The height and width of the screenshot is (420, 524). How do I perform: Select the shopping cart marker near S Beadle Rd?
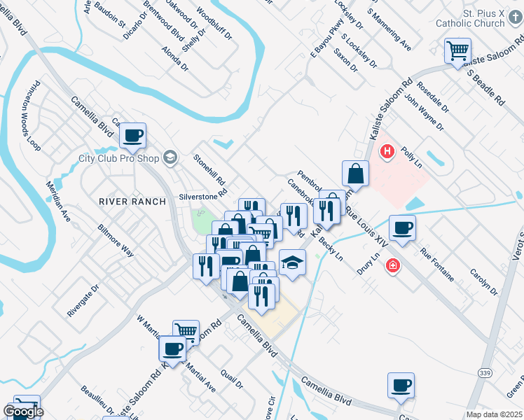457,50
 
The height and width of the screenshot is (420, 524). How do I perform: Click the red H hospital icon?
386,150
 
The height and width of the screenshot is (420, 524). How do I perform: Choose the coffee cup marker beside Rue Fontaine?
402,227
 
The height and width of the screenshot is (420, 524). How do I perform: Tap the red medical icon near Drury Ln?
393,266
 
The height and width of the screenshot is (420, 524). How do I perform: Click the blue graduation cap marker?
293,262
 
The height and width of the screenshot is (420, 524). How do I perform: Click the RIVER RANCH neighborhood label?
132,202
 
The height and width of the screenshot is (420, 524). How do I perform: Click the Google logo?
23,412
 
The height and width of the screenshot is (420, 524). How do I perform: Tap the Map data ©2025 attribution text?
495,414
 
